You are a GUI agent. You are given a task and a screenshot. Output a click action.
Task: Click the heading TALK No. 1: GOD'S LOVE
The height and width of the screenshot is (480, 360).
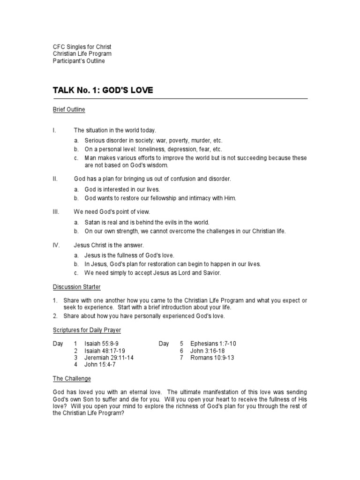point(103,90)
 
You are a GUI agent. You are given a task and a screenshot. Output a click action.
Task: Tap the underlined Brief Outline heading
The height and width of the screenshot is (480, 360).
point(68,110)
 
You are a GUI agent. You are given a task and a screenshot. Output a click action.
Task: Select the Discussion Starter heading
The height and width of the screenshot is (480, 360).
point(76,286)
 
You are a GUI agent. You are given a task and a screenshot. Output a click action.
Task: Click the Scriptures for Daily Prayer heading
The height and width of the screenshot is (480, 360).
point(87,330)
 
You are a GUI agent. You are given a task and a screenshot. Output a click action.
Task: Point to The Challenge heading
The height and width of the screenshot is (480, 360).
point(72,378)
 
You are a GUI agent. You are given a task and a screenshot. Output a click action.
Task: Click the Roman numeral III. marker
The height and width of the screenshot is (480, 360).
point(56,212)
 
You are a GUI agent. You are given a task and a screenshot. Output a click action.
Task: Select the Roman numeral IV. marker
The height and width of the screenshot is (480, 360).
point(56,245)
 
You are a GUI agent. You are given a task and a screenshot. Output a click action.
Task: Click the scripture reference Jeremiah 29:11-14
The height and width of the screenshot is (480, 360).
point(109,358)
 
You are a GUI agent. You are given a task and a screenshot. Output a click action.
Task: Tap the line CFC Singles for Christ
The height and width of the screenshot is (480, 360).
point(82,47)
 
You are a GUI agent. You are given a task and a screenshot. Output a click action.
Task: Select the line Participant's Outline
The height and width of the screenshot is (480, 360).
point(79,61)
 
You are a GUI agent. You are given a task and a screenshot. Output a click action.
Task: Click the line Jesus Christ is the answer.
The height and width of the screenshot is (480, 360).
point(109,245)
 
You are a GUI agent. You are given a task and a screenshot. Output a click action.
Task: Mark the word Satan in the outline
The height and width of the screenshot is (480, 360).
point(92,222)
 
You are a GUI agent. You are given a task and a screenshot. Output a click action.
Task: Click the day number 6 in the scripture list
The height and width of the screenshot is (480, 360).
point(181,351)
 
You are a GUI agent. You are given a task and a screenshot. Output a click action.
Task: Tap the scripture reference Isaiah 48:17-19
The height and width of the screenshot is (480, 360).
point(105,351)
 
